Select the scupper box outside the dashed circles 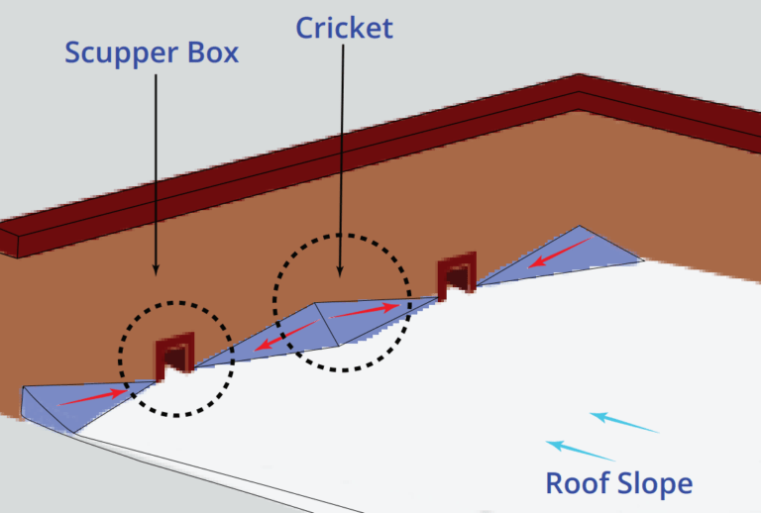click(457, 273)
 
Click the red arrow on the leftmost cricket click(94, 396)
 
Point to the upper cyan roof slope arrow click(624, 423)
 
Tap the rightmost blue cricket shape click(570, 253)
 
